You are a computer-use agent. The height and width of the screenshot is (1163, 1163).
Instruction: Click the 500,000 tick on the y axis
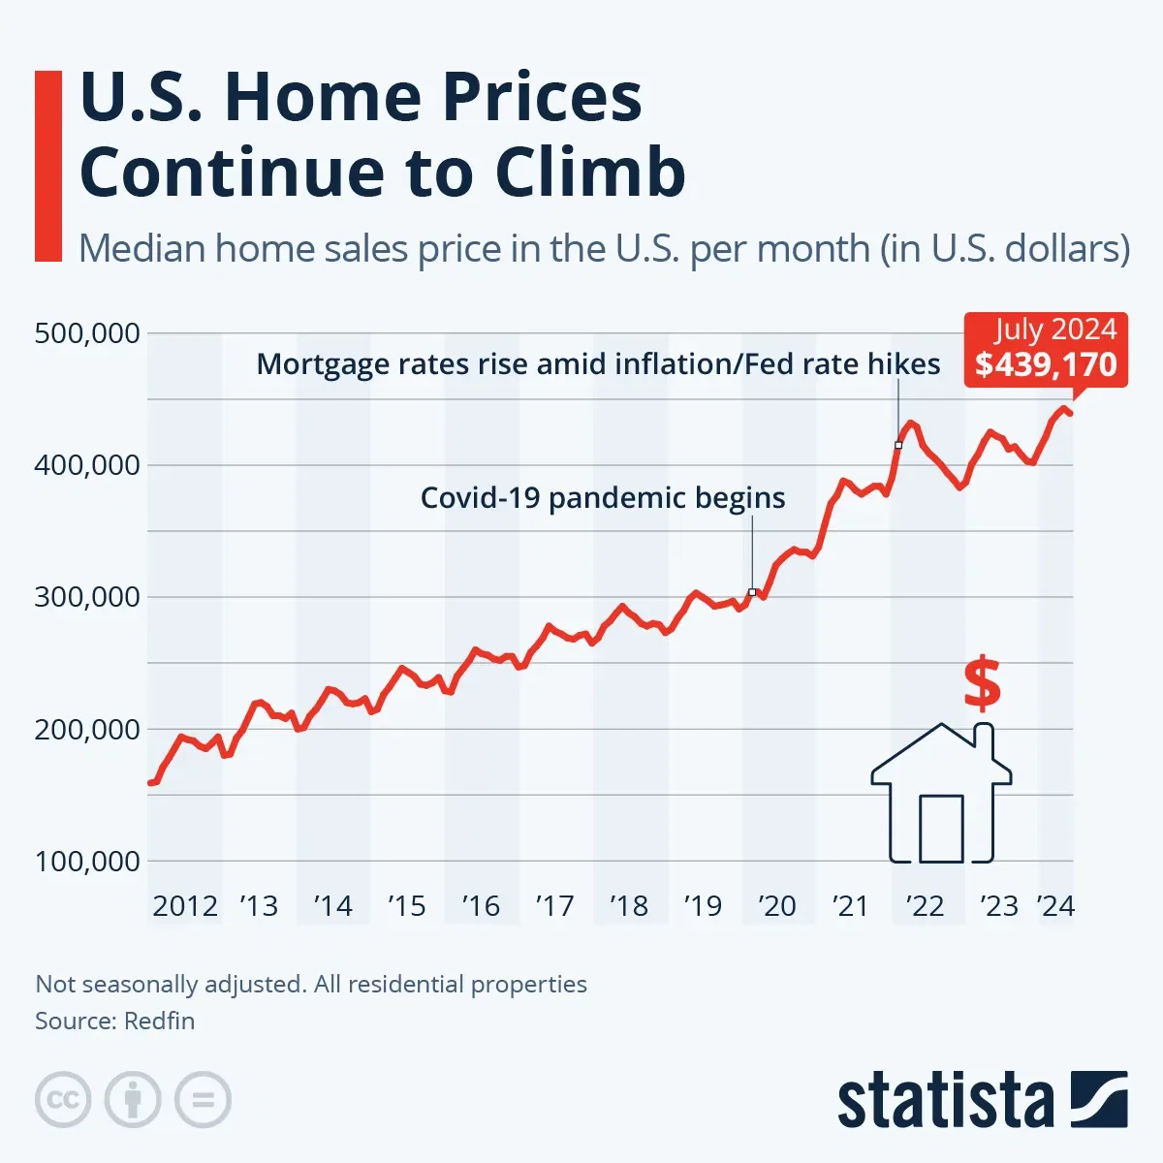click(87, 333)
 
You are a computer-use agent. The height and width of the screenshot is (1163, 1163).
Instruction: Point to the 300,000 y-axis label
click(87, 597)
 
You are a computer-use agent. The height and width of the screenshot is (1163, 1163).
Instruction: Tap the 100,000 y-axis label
click(87, 861)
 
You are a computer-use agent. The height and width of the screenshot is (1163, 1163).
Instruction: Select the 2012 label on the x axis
click(185, 906)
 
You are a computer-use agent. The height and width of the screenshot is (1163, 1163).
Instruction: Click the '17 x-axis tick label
click(554, 906)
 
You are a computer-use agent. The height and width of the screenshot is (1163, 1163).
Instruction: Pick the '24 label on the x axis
click(1055, 906)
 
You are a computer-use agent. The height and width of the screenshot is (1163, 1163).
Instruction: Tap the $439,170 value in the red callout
click(1046, 364)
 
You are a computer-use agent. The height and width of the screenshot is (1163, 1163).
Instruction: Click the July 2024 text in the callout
click(1054, 330)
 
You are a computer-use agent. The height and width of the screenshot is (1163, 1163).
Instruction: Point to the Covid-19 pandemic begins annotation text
click(602, 498)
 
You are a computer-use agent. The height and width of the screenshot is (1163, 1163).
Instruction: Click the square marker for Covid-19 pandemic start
click(752, 591)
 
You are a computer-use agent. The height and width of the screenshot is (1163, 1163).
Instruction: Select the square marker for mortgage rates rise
click(898, 445)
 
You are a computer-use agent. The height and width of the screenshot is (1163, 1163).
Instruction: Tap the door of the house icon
click(941, 829)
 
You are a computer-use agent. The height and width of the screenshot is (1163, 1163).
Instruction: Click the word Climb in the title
click(590, 173)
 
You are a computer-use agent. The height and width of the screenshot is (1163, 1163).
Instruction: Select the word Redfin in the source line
click(160, 1022)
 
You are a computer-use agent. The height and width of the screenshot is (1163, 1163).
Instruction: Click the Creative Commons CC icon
click(63, 1100)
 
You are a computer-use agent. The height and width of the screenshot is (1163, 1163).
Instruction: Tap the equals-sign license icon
click(204, 1100)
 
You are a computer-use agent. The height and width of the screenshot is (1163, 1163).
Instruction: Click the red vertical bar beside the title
click(47, 166)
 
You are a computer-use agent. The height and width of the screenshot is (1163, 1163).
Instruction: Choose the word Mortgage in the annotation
click(315, 364)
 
